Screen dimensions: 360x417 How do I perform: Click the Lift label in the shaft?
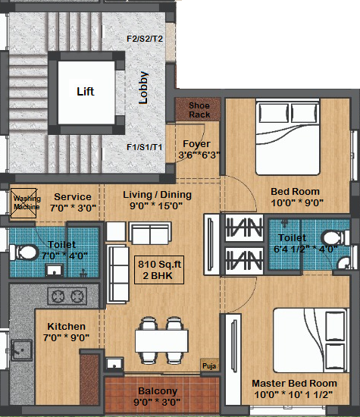coord(86,92)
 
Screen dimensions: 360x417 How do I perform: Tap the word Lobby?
coord(143,87)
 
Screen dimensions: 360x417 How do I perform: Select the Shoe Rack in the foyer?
coord(198,110)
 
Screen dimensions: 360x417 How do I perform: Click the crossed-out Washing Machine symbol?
coord(23,203)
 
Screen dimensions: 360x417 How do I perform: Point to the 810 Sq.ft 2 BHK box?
coord(159,270)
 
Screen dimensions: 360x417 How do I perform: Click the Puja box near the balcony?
coord(209,365)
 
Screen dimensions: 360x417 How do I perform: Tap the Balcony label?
coord(158,391)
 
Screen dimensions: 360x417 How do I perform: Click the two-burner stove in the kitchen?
coord(67,296)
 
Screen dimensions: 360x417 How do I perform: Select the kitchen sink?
coord(21,350)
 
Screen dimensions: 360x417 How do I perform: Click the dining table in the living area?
coord(161,340)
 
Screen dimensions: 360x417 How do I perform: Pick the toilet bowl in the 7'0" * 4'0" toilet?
coord(24,252)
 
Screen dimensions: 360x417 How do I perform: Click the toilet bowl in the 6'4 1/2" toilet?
coord(335,237)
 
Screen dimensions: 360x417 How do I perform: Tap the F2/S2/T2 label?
coord(145,39)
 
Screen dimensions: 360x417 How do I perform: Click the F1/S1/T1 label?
coord(144,147)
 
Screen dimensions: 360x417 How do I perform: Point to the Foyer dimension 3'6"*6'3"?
coord(199,155)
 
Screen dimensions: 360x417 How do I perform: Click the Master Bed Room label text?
coord(294,383)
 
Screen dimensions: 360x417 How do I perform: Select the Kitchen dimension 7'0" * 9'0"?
coord(66,337)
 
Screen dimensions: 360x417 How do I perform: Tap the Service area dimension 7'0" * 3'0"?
coord(73,208)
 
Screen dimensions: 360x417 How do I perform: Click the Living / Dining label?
coord(157,195)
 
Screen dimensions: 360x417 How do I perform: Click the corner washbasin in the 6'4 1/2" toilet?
coord(344,263)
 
